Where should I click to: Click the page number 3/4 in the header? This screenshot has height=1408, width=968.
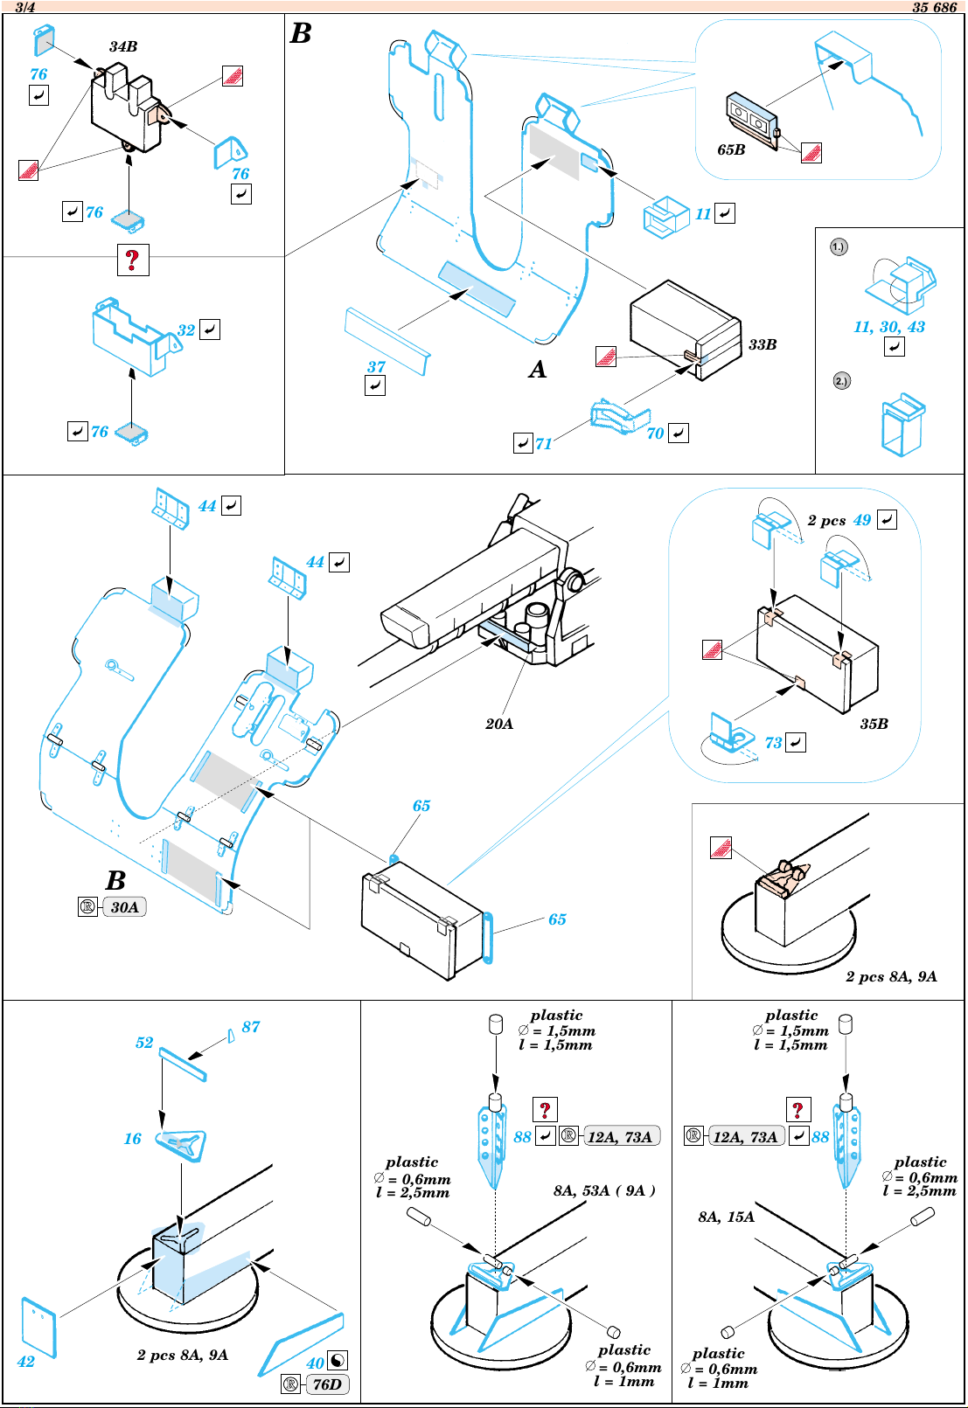[x=25, y=7]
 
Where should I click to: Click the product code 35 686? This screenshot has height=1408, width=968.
[x=934, y=7]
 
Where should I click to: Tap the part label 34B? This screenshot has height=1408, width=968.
[x=123, y=46]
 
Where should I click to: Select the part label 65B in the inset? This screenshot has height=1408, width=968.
[x=731, y=149]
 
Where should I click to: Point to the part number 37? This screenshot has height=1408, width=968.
[x=376, y=366]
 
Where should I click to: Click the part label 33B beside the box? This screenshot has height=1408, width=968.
[x=763, y=344]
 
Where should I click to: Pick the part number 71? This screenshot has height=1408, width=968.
[x=543, y=444]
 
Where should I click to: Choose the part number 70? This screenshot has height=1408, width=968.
[x=656, y=433]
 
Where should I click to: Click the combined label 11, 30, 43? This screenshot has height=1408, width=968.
[x=888, y=327]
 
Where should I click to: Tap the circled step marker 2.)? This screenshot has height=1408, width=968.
[x=841, y=381]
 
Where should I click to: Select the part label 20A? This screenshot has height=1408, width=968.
[x=498, y=725]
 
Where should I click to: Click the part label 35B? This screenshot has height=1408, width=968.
[x=874, y=725]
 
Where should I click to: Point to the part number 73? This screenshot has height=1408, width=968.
[x=773, y=743]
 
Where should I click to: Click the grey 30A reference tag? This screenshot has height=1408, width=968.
[x=124, y=907]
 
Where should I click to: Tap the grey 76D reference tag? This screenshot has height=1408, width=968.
[x=327, y=1384]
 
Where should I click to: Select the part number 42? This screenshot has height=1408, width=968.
[x=25, y=1362]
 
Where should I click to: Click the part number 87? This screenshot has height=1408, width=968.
[x=251, y=1026]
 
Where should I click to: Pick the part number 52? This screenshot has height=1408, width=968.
[x=144, y=1042]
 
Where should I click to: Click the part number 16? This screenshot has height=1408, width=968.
[x=133, y=1138]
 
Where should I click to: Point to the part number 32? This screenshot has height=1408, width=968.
[x=186, y=330]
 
